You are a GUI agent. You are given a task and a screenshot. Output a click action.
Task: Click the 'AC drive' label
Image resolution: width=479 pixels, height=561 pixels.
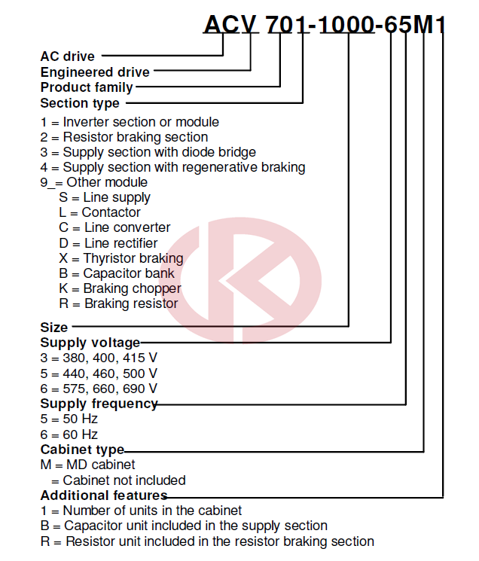[x=68, y=56]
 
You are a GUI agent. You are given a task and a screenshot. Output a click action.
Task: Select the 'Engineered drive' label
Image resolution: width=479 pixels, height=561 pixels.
[x=95, y=72]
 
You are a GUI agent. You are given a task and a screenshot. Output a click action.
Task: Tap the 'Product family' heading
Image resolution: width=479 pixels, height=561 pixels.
[x=87, y=87]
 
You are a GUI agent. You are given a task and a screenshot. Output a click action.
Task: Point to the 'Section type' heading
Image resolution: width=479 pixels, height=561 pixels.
[x=80, y=103]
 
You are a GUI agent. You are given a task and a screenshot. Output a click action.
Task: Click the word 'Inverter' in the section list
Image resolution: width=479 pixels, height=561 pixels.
[x=86, y=122]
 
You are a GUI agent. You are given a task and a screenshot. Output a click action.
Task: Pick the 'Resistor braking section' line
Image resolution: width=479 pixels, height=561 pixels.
[x=124, y=137]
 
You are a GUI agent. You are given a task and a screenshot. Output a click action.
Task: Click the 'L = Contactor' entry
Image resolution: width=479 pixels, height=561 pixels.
[x=100, y=212]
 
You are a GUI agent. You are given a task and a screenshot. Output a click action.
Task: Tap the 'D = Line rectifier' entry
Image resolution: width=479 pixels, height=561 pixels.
[x=108, y=243]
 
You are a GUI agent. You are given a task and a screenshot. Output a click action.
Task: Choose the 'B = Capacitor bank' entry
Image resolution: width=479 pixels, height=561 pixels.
[x=117, y=273]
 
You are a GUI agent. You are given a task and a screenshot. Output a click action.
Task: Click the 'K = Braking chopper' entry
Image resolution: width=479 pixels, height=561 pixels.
[x=120, y=288]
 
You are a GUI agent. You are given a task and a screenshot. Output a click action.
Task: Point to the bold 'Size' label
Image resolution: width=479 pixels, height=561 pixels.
[x=54, y=327]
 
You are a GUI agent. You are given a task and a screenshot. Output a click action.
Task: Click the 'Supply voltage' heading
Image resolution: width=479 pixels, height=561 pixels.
[x=90, y=343]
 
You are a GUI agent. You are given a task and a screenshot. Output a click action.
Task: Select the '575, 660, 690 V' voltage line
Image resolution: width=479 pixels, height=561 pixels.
[x=110, y=389]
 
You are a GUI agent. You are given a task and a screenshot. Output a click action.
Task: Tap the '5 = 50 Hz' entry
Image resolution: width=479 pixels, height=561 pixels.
[x=69, y=419]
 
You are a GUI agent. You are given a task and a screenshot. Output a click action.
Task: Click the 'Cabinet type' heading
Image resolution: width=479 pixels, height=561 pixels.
[x=82, y=450]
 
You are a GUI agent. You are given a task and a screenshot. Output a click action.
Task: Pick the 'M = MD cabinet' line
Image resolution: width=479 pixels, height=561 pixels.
[x=87, y=465]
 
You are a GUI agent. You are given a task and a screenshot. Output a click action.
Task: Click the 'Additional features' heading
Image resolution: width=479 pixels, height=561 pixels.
[x=104, y=495]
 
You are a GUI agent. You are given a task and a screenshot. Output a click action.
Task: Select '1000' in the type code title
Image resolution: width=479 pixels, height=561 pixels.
[x=346, y=25]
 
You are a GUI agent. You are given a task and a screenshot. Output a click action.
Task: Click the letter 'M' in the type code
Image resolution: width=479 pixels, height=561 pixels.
[x=424, y=25]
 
